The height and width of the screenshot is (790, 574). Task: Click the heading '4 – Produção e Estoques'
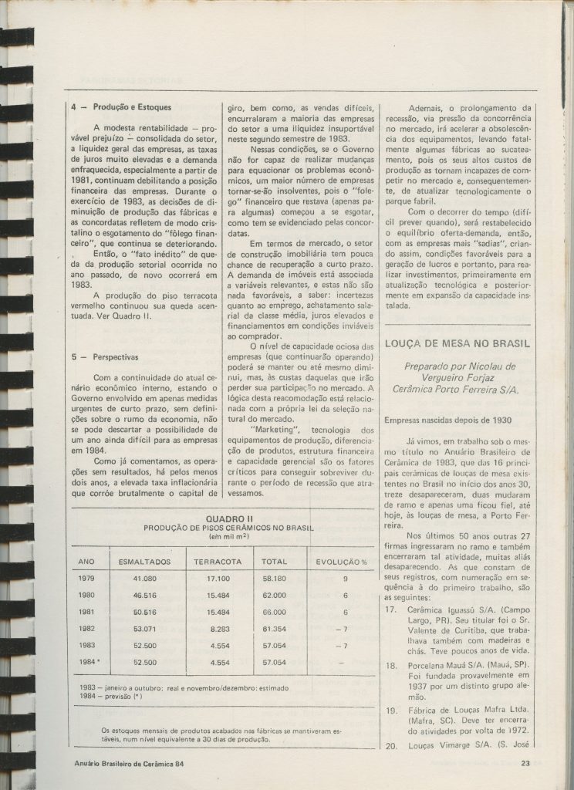123,107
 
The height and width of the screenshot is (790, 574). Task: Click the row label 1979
86,577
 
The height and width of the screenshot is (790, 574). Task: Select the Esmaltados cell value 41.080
145,577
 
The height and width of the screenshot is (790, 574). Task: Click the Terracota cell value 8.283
222,629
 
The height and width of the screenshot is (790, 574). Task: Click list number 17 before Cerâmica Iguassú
390,609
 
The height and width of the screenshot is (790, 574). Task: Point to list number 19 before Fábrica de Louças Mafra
390,711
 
